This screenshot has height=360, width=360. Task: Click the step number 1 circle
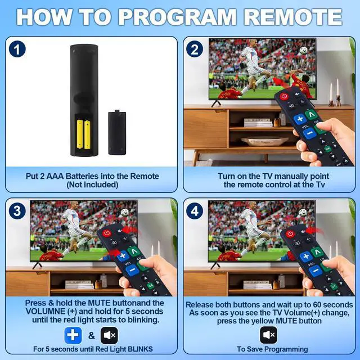(17, 49)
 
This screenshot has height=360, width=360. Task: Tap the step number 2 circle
(195, 49)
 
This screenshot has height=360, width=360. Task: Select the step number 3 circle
(17, 211)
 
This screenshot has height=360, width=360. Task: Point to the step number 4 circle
(195, 211)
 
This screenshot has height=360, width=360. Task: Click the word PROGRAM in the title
(177, 17)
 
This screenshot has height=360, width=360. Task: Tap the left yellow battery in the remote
(80, 134)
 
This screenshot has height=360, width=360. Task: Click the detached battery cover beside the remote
(117, 133)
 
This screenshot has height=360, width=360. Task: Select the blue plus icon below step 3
(73, 335)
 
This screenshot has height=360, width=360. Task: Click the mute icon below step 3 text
(109, 335)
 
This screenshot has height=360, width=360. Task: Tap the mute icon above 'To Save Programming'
(269, 335)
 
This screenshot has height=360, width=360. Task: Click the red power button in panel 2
(284, 96)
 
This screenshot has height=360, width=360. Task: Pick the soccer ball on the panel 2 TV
(303, 51)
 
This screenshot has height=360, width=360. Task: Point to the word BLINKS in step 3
(140, 349)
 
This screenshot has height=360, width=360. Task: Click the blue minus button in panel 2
(310, 133)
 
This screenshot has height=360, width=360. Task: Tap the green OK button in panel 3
(151, 286)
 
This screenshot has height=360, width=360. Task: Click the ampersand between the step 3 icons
(91, 336)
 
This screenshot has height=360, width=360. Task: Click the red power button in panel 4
(290, 234)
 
